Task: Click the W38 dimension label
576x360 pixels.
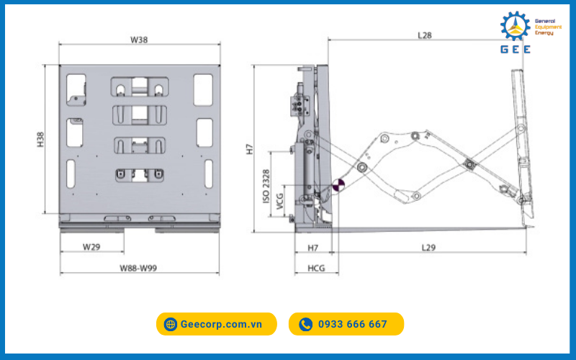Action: (139, 40)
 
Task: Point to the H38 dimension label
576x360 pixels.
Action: (40, 139)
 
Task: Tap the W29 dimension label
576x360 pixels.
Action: (91, 247)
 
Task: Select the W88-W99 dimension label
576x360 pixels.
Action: (139, 268)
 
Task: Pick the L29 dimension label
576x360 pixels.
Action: (429, 248)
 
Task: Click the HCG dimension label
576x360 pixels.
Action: (316, 268)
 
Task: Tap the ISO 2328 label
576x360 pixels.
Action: (267, 189)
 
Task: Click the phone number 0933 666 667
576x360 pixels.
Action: (353, 324)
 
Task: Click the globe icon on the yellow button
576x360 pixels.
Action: (171, 324)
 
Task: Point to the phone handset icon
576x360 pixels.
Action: (306, 324)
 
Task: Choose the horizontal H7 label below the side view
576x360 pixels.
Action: (313, 248)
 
